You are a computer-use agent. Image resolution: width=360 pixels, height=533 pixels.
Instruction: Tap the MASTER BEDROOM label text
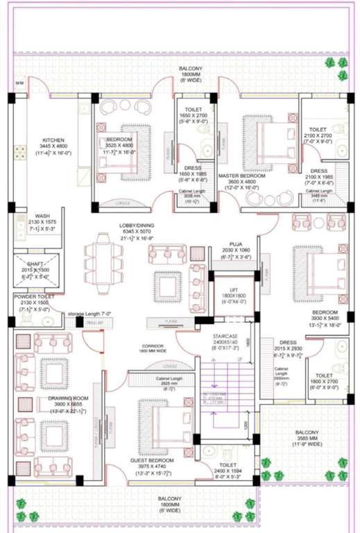pos(239,176)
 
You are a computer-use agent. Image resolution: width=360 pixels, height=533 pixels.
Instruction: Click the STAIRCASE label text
pos(225,335)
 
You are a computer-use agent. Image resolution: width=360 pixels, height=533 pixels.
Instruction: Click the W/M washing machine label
pos(19,83)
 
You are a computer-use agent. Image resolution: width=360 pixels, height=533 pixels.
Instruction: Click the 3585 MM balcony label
pos(306,437)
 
